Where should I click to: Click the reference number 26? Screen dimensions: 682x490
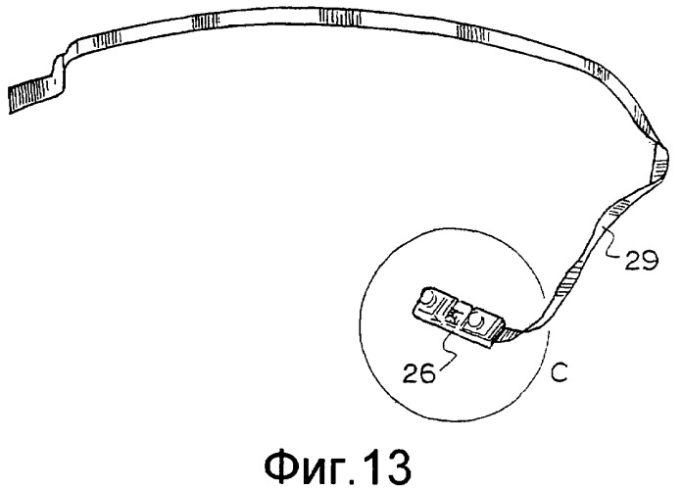pyautogui.click(x=418, y=373)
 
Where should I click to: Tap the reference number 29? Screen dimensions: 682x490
pyautogui.click(x=642, y=261)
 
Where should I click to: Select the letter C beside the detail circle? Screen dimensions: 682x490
pyautogui.click(x=559, y=373)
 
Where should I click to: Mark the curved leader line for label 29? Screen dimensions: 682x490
pyautogui.click(x=610, y=244)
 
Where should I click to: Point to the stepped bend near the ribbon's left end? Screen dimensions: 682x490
pyautogui.click(x=62, y=70)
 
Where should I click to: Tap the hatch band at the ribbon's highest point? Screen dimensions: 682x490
pyautogui.click(x=340, y=17)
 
